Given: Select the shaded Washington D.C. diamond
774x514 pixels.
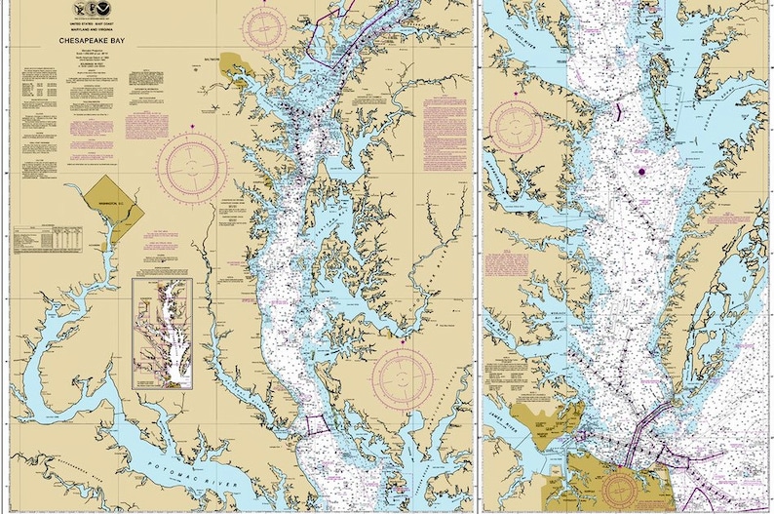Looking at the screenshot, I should pyautogui.click(x=111, y=204).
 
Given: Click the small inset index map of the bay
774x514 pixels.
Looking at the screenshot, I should pyautogui.click(x=161, y=333).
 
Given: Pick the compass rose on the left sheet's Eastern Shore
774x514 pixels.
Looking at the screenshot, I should pyautogui.click(x=403, y=376).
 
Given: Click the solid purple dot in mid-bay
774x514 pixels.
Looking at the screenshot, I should pyautogui.click(x=641, y=172).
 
